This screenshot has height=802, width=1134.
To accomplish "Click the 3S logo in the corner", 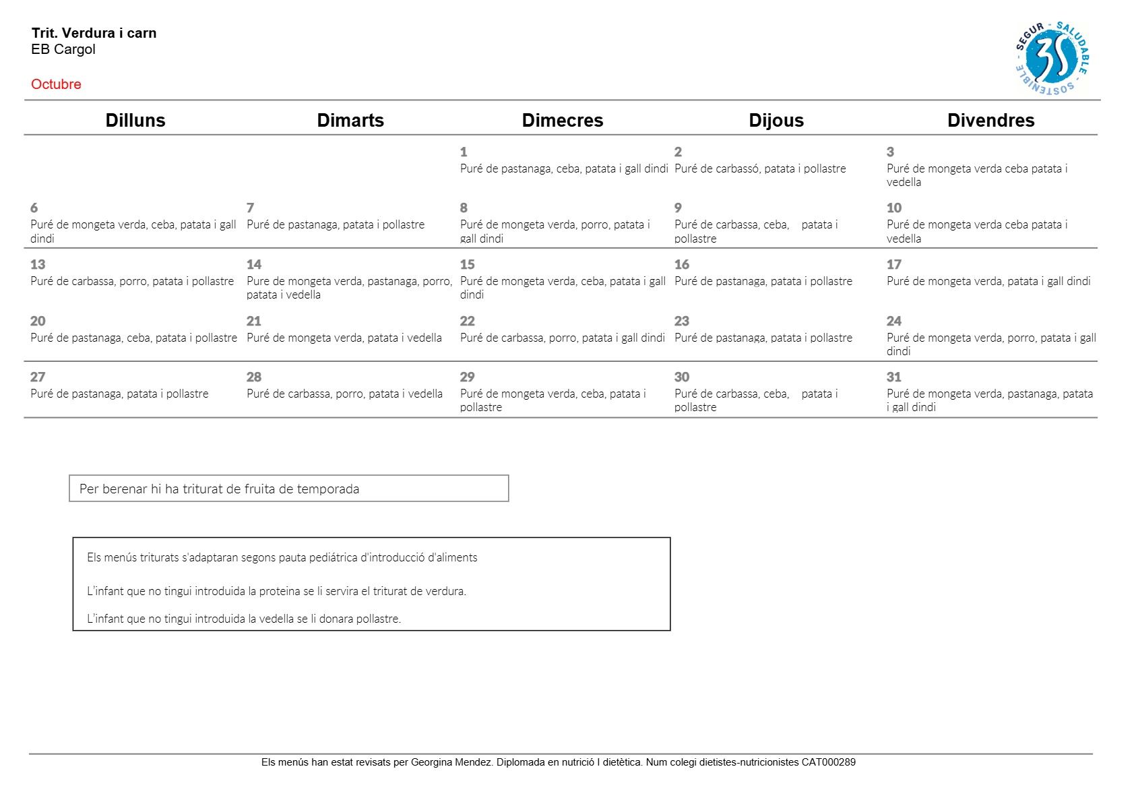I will (1052, 59).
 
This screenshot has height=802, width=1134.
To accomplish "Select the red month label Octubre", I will (56, 84).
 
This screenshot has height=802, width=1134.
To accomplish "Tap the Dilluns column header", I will (135, 120).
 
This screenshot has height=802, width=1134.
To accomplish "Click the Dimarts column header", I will (350, 120).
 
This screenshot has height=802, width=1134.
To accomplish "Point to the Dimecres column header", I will (563, 120).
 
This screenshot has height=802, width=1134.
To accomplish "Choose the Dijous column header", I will (776, 120).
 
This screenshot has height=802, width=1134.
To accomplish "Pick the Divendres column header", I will (990, 120).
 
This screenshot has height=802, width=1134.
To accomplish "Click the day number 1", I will (464, 152).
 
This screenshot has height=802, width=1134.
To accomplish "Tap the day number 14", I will (254, 265).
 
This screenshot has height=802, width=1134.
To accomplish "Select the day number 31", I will (894, 377).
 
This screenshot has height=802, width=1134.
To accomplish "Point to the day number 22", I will (468, 321).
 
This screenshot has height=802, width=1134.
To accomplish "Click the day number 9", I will (678, 208).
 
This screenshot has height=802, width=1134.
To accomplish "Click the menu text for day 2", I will (760, 169).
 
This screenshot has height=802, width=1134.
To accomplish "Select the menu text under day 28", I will (344, 394).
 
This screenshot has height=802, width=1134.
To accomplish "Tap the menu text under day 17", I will (988, 282).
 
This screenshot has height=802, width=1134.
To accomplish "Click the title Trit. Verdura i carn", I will (94, 33).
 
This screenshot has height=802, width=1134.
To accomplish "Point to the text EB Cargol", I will (63, 49).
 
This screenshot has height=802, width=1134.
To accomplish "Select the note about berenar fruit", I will (219, 489).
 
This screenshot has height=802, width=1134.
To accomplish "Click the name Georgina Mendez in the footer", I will (451, 762).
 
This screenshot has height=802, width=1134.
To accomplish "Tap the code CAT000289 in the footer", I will (828, 762).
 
